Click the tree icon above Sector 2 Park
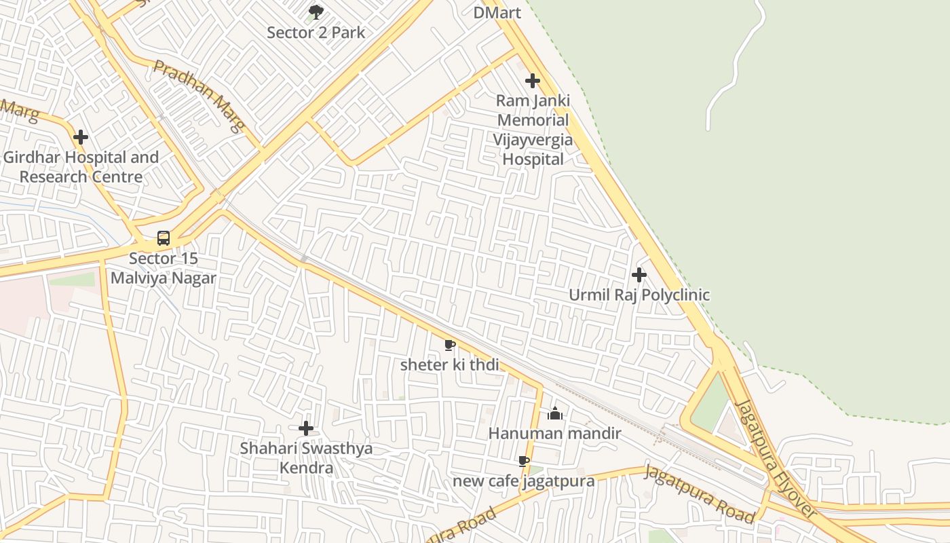pos(316,12)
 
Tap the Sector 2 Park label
pos(316,32)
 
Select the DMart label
pos(497,12)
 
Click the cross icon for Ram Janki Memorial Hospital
pos(533,81)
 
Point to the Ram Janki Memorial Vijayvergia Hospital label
pos(533,130)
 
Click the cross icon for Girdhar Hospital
pos(81,137)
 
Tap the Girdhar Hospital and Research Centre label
pos(81,167)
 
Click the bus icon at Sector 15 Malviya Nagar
pos(164,238)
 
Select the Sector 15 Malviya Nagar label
pos(164,268)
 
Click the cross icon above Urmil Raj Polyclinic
pos(639,275)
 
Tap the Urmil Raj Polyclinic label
pos(639,295)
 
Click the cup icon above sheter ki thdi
pos(449,345)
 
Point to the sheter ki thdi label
pos(449,364)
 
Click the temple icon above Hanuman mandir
pos(555,413)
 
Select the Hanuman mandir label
pos(555,433)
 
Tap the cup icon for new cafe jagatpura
pos(523,462)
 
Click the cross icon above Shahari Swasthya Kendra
pos(306,428)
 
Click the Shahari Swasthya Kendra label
pos(306,458)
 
